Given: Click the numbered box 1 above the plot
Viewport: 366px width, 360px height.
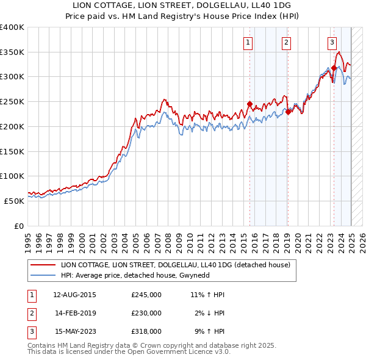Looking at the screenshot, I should (x=249, y=42).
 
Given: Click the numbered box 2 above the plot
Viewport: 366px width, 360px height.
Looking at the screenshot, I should (x=286, y=42).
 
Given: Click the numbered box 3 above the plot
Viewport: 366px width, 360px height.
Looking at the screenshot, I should (x=332, y=42).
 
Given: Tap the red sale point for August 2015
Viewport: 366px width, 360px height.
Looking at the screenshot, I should (x=249, y=104).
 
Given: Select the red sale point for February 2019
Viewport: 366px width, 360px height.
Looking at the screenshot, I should (x=287, y=111).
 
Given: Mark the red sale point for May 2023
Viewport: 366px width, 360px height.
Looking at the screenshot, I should (x=334, y=68).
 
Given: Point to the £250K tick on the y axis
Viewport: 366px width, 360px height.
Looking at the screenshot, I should (x=12, y=101).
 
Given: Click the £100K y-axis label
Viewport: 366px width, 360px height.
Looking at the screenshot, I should (x=12, y=176).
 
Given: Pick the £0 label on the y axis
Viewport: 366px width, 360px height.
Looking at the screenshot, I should (x=18, y=225).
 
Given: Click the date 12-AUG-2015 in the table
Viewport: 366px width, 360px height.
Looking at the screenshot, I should (x=74, y=295).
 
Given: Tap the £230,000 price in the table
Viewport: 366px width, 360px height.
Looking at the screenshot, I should (x=146, y=313).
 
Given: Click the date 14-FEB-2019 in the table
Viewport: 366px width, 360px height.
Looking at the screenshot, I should (x=75, y=313).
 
